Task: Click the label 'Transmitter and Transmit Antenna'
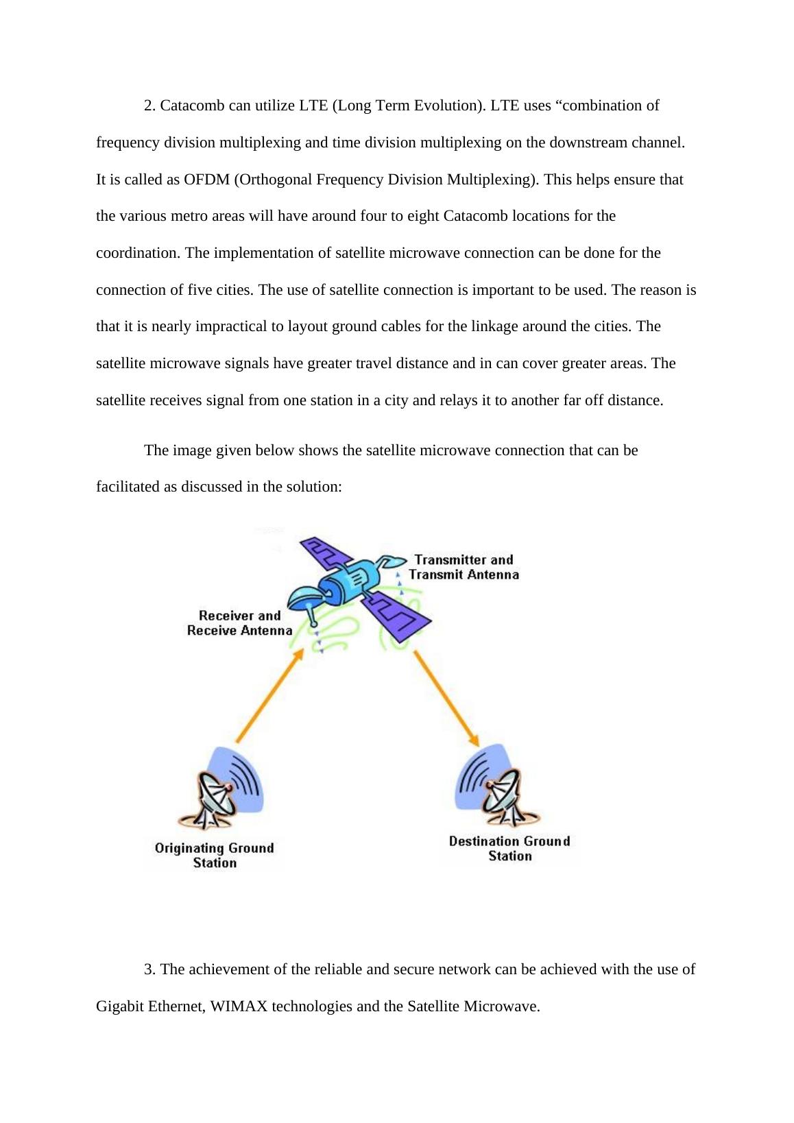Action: (x=464, y=567)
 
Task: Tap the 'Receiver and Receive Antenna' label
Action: (x=240, y=623)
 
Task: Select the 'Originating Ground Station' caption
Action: (x=215, y=855)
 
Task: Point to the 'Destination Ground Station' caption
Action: (x=509, y=848)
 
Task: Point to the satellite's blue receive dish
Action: (x=304, y=597)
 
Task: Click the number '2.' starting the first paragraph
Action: (x=150, y=106)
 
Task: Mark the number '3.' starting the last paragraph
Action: (x=150, y=969)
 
